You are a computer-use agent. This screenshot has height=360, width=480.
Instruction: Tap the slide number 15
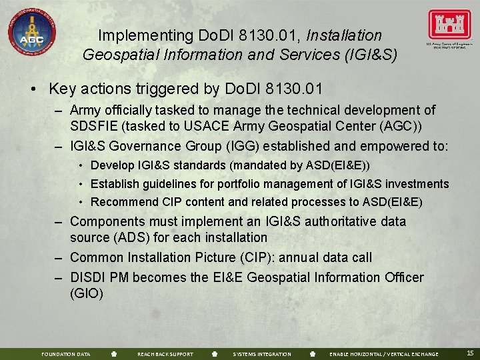click(x=470, y=353)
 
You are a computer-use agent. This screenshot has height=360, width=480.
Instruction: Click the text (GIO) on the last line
click(x=86, y=293)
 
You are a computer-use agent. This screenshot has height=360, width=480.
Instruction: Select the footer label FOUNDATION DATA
click(x=65, y=354)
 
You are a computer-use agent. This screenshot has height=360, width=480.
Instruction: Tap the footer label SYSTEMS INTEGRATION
click(x=262, y=354)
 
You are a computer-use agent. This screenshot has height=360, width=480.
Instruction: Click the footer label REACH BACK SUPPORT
click(x=165, y=354)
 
